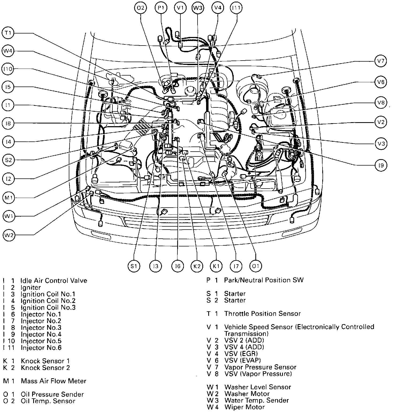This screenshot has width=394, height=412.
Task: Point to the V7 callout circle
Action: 381,61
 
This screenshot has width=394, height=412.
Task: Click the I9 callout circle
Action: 381,166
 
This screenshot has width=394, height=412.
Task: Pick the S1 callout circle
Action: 134,266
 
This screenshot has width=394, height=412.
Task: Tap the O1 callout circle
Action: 256,266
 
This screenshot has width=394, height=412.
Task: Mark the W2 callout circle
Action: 9,235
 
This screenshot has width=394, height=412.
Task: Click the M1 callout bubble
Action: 9,198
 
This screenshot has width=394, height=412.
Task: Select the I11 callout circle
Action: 236,8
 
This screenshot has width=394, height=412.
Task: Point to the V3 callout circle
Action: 381,144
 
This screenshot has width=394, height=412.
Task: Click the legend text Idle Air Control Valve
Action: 54,281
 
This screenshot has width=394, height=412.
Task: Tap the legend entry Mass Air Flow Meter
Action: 54,381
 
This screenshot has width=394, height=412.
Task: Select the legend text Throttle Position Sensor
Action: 262,314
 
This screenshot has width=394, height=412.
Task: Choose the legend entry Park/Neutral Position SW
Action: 264,280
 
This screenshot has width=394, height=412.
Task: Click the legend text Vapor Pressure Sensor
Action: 260,367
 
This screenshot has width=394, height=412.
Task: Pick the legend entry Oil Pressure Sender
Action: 52,394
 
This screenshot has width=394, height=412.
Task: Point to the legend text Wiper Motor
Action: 244,407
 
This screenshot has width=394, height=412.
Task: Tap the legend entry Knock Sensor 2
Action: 45,368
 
